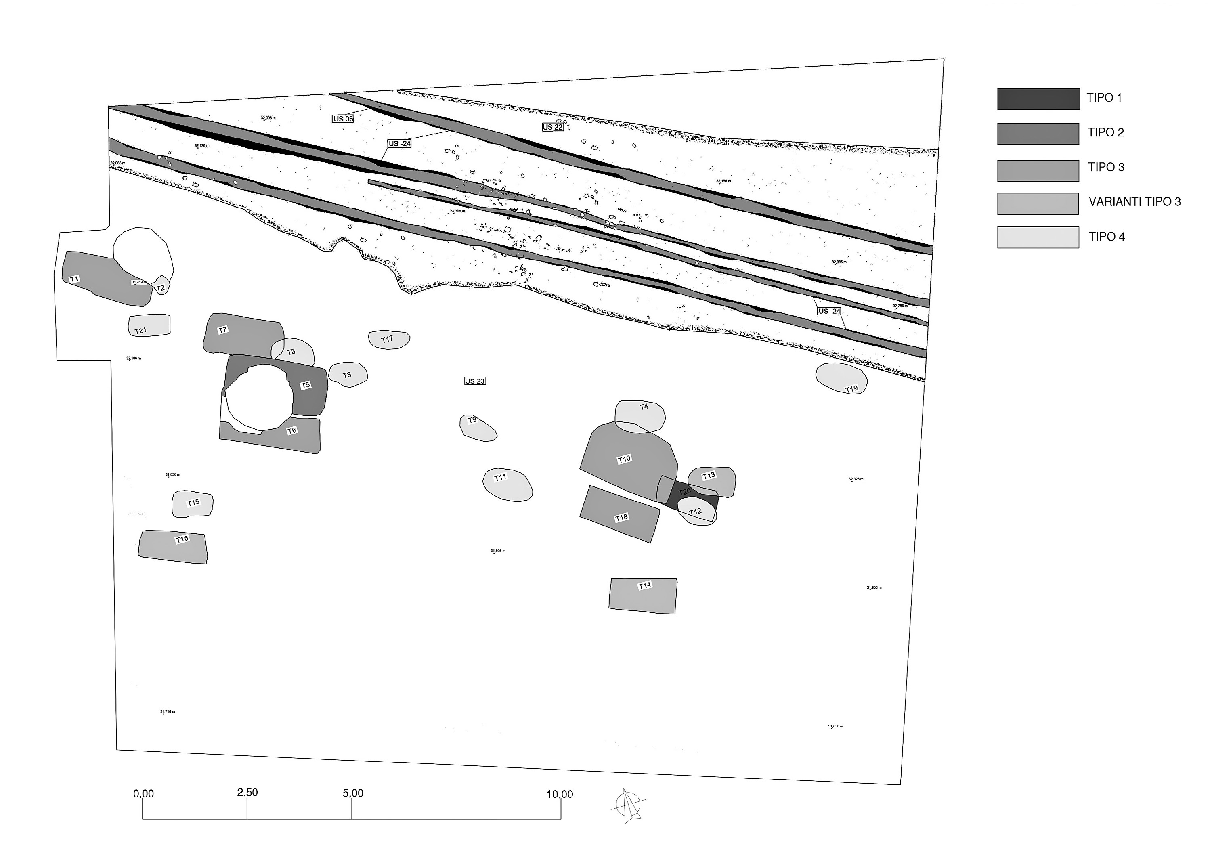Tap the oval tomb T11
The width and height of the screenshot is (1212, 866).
point(507,485)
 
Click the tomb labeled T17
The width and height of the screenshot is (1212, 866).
point(389,340)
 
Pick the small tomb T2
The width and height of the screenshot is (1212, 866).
point(161,286)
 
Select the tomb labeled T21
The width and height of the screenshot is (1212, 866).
point(149,325)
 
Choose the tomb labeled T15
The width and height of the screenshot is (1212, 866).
point(193,504)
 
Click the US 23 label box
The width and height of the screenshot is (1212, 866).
point(474,381)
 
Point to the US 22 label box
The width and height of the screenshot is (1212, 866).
point(552,127)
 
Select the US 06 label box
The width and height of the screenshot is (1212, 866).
point(343,118)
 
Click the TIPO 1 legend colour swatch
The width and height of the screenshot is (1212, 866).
point(1038,99)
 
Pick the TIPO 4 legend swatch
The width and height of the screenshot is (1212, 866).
point(1038,237)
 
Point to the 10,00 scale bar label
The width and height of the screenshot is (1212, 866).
point(559,795)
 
